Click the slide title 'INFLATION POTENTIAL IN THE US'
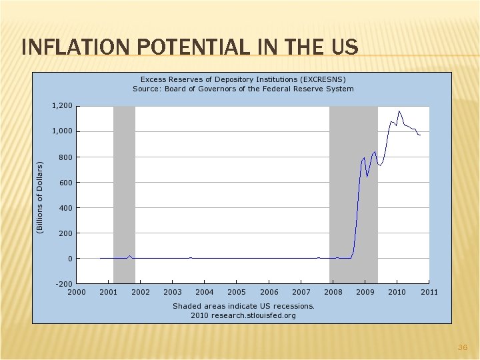coord(189,47)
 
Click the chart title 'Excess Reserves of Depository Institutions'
coord(243,79)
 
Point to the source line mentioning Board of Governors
coord(243,89)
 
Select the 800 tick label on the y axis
coord(65,157)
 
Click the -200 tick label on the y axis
coord(63,284)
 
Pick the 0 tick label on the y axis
coord(69,259)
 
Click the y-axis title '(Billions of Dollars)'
coord(39,197)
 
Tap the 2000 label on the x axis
coord(77,292)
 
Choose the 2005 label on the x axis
coord(237,292)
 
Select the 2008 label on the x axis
coord(333,292)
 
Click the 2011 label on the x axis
coord(429,292)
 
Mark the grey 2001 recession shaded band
coord(124,193)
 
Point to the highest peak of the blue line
coord(399,111)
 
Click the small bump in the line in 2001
coord(130,255)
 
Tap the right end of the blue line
coord(420,135)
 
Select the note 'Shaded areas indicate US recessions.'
coord(243,306)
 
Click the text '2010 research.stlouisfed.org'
coord(243,315)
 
